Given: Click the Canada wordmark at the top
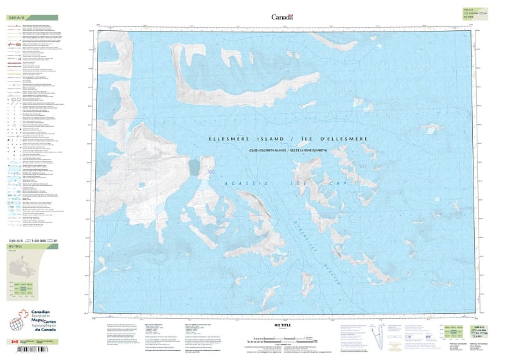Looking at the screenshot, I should [282, 17].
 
